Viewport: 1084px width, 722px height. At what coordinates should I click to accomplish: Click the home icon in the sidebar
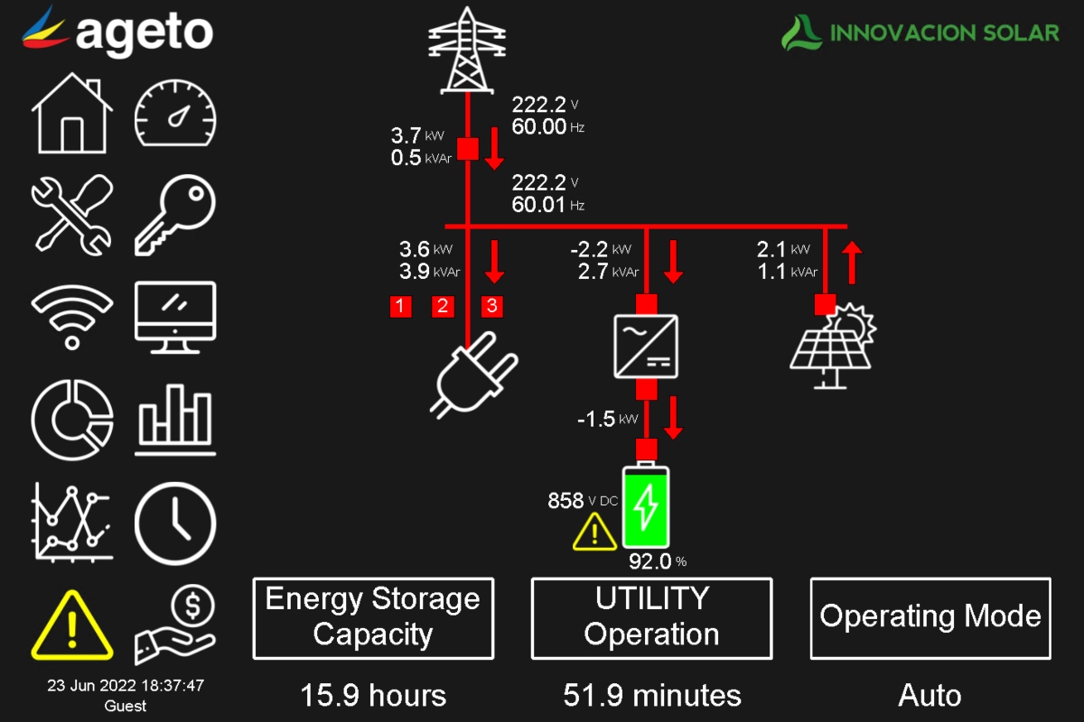click(72, 114)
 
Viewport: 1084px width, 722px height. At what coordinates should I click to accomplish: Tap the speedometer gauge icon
click(176, 114)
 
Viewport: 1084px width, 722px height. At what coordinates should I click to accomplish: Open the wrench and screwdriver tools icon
click(72, 215)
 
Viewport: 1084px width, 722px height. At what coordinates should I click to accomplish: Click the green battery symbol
click(646, 507)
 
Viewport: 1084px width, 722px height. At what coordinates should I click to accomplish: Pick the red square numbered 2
click(443, 306)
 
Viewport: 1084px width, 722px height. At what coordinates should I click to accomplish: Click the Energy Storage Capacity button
click(373, 618)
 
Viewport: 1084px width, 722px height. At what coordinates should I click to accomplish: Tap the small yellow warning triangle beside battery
click(595, 532)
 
